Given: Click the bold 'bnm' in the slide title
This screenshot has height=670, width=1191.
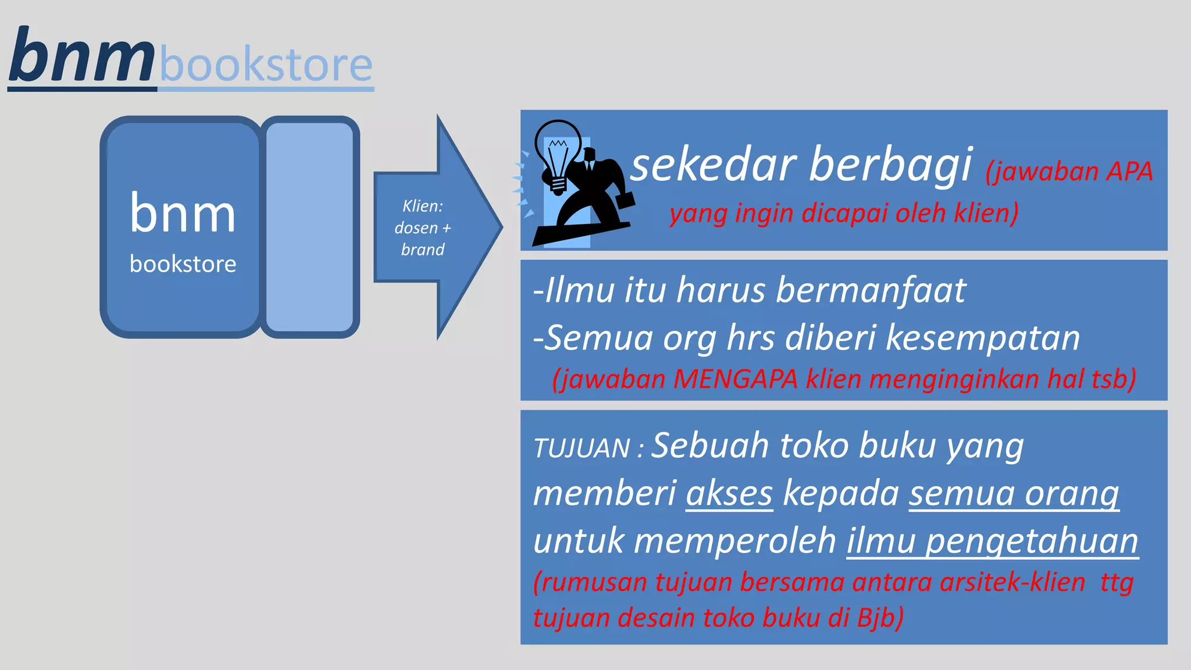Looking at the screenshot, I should [81, 57].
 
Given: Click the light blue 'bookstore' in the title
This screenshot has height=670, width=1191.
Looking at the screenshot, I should [266, 65].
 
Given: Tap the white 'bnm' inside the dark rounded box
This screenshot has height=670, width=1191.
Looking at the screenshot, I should [183, 213].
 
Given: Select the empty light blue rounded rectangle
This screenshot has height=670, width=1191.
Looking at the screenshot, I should [310, 227].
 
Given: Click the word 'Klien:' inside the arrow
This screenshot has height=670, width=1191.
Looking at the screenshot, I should [423, 206].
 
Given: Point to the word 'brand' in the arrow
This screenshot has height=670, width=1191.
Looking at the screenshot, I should [423, 250].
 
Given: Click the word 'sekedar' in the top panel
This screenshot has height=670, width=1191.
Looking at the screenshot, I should [713, 165].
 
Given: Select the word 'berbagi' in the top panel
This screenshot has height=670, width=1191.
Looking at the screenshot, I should [890, 165].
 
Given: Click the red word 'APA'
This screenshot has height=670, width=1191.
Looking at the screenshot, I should [1129, 172].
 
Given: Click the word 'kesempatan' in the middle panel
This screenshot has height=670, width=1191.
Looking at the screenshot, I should [982, 338].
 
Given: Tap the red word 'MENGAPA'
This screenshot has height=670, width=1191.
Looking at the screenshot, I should [736, 379].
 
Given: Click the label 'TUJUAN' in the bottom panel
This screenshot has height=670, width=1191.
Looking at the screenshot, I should [582, 448].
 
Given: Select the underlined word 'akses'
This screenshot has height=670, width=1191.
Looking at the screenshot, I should [729, 494].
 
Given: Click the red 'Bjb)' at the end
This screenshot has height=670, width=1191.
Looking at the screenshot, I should [880, 618].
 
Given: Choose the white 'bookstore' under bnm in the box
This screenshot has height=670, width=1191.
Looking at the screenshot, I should [183, 264].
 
